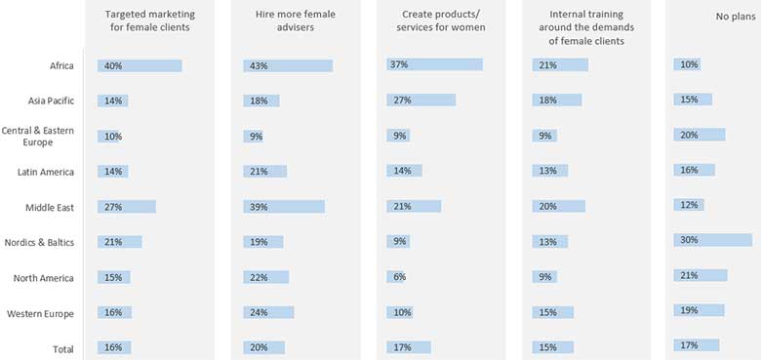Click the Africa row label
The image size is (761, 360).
[60, 65]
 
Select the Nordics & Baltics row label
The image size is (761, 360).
[39, 242]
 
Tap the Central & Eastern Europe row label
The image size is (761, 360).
[39, 136]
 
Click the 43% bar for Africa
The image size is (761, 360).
[288, 65]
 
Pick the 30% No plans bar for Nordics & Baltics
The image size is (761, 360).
[712, 240]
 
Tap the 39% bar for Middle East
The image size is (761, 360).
[284, 207]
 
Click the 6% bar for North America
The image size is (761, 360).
[395, 277]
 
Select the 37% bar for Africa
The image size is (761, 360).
[435, 64]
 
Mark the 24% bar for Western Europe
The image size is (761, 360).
[268, 312]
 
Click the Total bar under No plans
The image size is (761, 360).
[696, 344]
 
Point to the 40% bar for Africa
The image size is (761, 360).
[140, 65]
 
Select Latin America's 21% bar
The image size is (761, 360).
[264, 171]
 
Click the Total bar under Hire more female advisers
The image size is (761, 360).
[263, 347]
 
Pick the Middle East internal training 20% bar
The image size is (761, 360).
[559, 206]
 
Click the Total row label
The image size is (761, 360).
[60, 347]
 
